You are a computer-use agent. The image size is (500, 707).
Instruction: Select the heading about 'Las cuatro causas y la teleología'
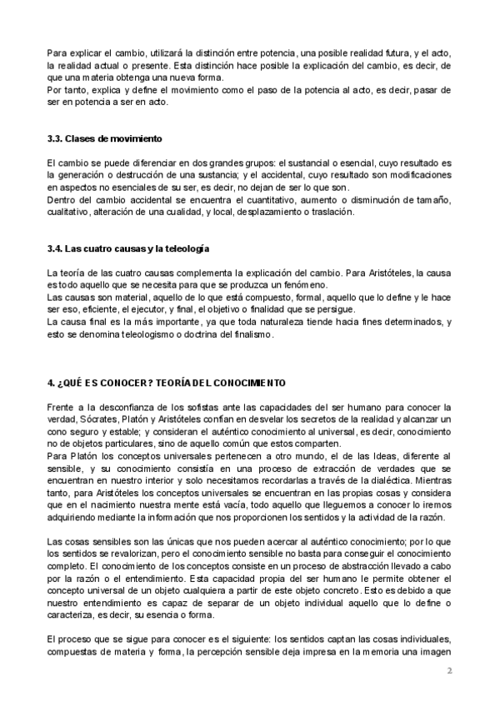(x=127, y=248)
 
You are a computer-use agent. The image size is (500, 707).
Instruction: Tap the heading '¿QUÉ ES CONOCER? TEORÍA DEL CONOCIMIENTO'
(x=167, y=383)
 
